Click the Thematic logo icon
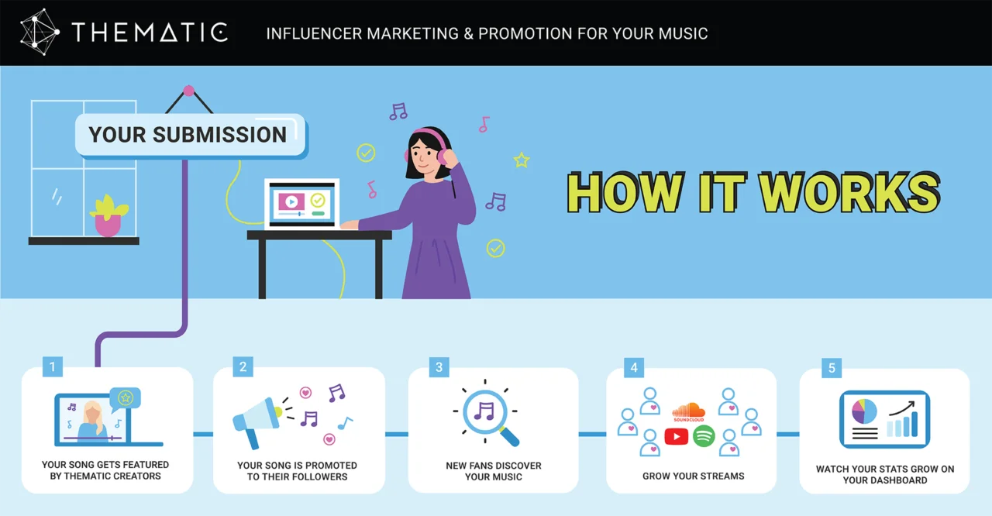tap(40, 33)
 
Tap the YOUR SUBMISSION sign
tap(188, 135)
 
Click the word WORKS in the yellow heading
tap(849, 193)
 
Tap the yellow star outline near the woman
tap(522, 160)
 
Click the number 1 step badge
tap(52, 366)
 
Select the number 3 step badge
tap(439, 366)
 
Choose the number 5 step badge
tap(832, 367)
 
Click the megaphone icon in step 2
tap(257, 420)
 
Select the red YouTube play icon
tap(676, 436)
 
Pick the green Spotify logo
tap(703, 436)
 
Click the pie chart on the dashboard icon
tap(863, 411)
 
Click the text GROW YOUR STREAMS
tap(693, 476)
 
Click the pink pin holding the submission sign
tap(188, 91)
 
